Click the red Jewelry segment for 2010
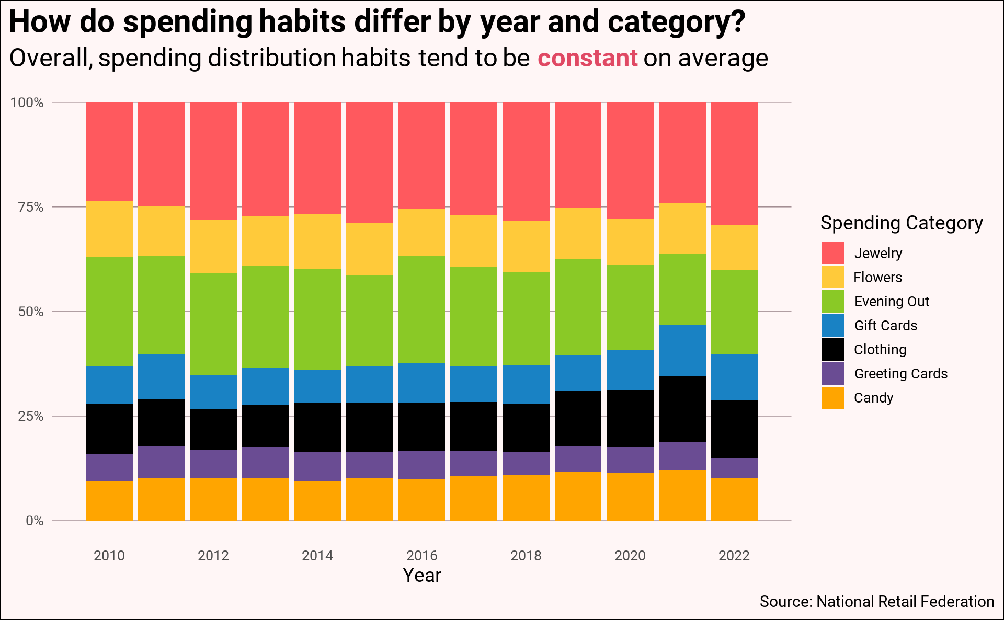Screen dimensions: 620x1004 109,152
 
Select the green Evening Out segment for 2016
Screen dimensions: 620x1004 422,309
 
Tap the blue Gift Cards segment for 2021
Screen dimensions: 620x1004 682,350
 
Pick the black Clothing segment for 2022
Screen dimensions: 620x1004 734,429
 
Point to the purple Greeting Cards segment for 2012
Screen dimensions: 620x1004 213,464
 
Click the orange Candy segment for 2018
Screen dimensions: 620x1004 526,498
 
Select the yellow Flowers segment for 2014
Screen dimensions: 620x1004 317,242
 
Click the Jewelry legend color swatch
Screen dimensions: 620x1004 832,253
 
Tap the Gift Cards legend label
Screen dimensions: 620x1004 885,326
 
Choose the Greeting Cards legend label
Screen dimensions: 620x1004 900,374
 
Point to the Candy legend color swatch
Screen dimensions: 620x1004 832,398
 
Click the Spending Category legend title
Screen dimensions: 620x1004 902,223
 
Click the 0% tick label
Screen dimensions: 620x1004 35,521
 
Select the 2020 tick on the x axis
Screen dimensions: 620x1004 630,555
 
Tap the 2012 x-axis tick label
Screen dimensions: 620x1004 213,555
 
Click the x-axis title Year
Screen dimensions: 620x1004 422,575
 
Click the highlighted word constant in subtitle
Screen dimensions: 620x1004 588,58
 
